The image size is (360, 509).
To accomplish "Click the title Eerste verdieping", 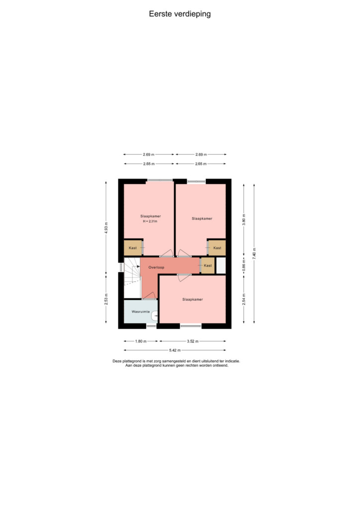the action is coord(180,14).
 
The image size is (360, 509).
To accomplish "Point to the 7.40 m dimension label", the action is coord(255,253).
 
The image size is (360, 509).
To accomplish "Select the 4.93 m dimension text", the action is coord(106,228).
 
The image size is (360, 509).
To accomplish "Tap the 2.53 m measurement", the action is coord(106,299).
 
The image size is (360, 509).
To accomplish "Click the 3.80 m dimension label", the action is coord(244,220).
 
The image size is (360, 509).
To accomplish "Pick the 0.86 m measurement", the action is coord(244,265).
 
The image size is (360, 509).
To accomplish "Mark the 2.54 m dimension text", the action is coord(244,299).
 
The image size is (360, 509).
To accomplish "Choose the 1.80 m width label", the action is coord(141,341).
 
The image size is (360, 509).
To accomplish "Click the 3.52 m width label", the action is coord(192,341).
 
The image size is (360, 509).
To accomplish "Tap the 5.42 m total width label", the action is coord(175,350).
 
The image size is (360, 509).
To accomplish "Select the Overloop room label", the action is coord(156,267).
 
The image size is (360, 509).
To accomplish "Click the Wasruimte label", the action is coord(141,312).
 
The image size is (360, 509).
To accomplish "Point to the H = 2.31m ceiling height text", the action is coord(150,221).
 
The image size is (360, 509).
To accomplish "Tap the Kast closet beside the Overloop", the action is coord(208,265).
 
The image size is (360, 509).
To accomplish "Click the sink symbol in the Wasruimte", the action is coord(155,316).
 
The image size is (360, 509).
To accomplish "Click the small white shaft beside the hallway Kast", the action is coord(221,265).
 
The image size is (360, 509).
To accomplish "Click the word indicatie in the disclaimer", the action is coord(232,361).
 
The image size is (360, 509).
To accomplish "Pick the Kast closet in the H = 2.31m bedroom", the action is coord(133,248).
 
